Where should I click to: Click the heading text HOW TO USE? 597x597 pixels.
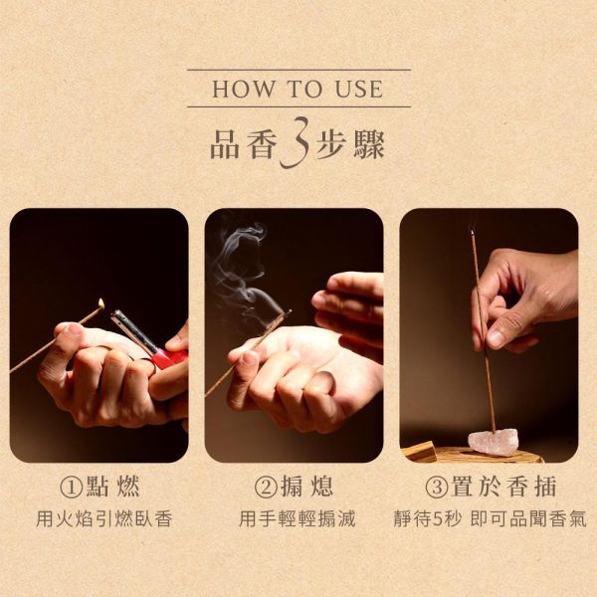click(x=298, y=89)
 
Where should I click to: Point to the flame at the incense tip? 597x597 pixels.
click(x=102, y=302)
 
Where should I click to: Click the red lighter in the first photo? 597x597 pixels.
click(x=167, y=356)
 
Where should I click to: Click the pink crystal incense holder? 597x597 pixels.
click(x=494, y=443)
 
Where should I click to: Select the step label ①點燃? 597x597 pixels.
click(x=99, y=488)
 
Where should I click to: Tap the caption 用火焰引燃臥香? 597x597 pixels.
click(x=99, y=519)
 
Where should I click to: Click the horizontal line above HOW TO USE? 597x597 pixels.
click(x=298, y=70)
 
